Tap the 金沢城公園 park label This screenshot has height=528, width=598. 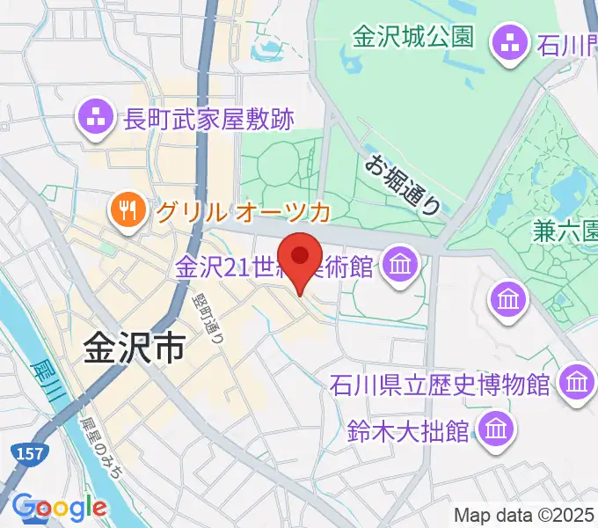pyautogui.click(x=413, y=37)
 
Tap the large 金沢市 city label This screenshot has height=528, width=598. pyautogui.click(x=135, y=349)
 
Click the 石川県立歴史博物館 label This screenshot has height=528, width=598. pyautogui.click(x=440, y=385)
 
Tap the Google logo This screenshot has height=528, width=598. pyautogui.click(x=60, y=509)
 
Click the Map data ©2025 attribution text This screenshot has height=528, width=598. pyautogui.click(x=524, y=515)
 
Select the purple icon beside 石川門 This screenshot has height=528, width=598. pyautogui.click(x=509, y=40)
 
